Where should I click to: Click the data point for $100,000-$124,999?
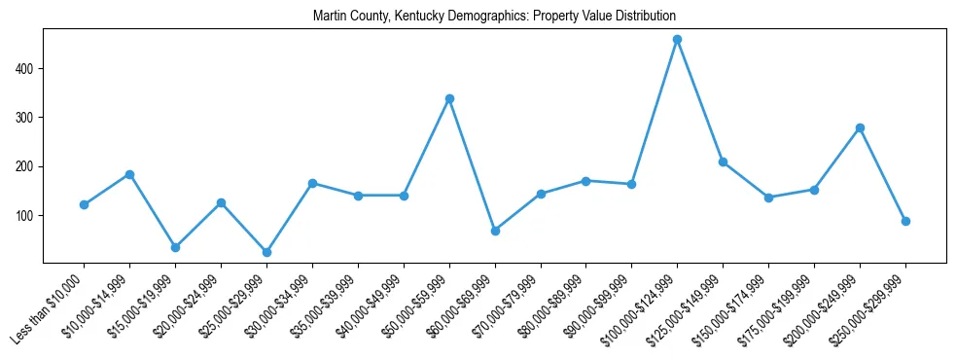click(677, 40)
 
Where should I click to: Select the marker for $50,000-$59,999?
click(449, 98)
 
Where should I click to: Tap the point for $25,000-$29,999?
click(266, 252)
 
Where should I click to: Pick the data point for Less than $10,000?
click(85, 204)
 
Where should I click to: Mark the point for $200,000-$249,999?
click(860, 127)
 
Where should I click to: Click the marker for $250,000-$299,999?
click(905, 221)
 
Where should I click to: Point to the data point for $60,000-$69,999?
click(495, 231)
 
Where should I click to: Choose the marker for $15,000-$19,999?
click(175, 247)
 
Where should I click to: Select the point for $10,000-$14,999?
click(129, 174)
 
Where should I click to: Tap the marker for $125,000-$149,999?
click(723, 162)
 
